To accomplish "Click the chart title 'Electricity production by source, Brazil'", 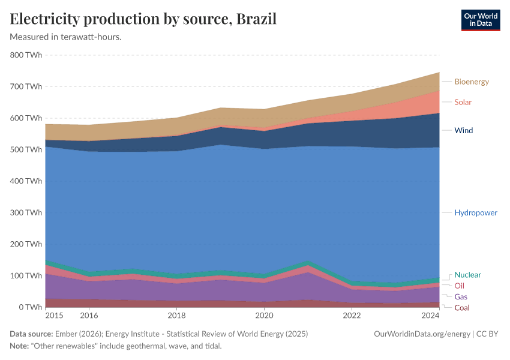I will (x=143, y=19).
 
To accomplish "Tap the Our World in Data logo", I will (x=480, y=20).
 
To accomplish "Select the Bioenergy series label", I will (x=472, y=82).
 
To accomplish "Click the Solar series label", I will (x=463, y=102).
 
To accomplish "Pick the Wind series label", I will (x=463, y=130).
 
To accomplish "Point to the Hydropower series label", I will (x=475, y=212).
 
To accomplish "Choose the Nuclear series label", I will (x=467, y=275).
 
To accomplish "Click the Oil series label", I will (x=459, y=286).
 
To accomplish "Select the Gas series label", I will (x=461, y=297).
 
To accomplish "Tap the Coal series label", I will (x=462, y=308).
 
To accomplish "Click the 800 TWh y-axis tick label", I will (x=26, y=55).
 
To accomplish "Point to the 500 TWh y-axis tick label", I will (x=26, y=149).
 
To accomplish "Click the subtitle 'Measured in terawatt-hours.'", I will (x=66, y=37).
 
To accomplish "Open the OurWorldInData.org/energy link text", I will (x=421, y=334).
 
